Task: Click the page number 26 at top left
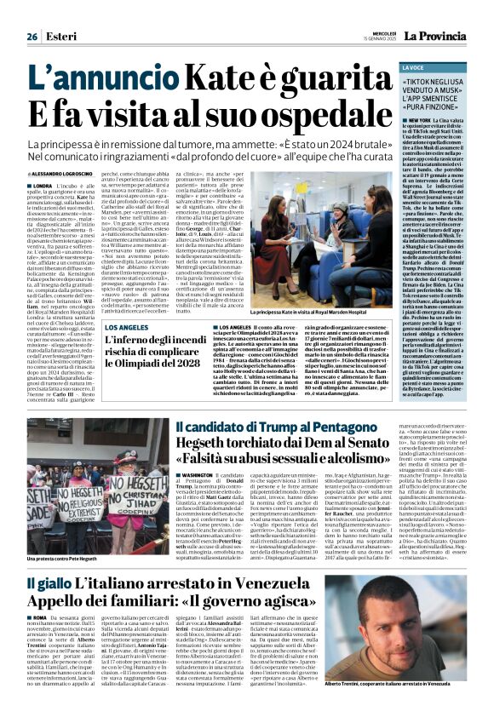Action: [32, 37]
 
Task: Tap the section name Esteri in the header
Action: [60, 37]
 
